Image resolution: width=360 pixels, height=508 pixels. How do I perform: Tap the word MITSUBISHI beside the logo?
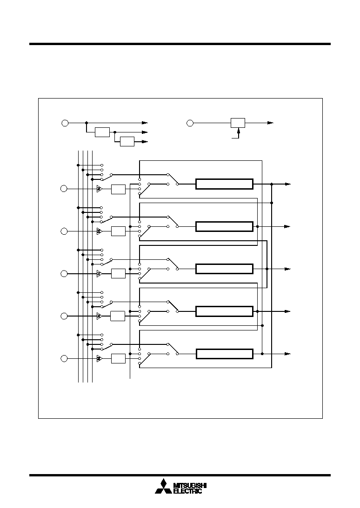[190, 485]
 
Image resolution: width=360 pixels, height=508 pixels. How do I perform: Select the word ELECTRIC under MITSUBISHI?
[188, 491]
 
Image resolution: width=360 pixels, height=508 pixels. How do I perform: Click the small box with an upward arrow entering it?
[238, 123]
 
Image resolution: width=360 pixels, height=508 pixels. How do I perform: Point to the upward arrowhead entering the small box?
[239, 131]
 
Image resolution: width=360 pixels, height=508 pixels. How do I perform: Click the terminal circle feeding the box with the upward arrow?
[190, 123]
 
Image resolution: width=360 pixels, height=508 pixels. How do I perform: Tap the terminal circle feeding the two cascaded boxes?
[65, 123]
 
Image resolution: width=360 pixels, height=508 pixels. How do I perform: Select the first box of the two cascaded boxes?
[102, 132]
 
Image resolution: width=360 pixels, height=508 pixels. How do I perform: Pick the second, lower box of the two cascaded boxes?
[127, 142]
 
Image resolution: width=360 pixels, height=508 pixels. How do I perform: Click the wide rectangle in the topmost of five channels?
[224, 184]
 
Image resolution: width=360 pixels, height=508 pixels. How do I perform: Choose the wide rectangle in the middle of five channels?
[224, 269]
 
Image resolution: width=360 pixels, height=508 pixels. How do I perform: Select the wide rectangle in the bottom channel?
[224, 354]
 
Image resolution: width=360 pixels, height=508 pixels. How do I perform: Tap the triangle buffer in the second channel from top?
[99, 231]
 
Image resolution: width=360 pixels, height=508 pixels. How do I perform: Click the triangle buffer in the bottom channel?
[99, 359]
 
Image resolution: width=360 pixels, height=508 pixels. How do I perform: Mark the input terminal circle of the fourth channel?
[64, 316]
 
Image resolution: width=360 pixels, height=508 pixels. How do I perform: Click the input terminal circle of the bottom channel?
[64, 359]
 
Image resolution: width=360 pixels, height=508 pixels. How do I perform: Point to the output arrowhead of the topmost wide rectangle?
[288, 184]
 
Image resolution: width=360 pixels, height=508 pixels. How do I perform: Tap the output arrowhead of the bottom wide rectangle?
[287, 354]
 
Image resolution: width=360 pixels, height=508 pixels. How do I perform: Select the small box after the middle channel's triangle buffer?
[119, 273]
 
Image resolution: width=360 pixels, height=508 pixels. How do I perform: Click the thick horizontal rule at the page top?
[180, 44]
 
